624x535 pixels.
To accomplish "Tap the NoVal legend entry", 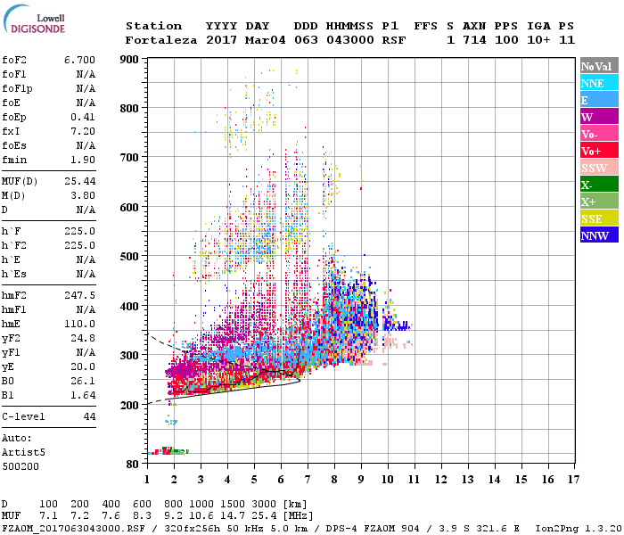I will (x=598, y=66).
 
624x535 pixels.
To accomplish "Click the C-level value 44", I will (x=89, y=416).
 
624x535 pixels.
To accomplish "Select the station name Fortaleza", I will (x=160, y=40).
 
